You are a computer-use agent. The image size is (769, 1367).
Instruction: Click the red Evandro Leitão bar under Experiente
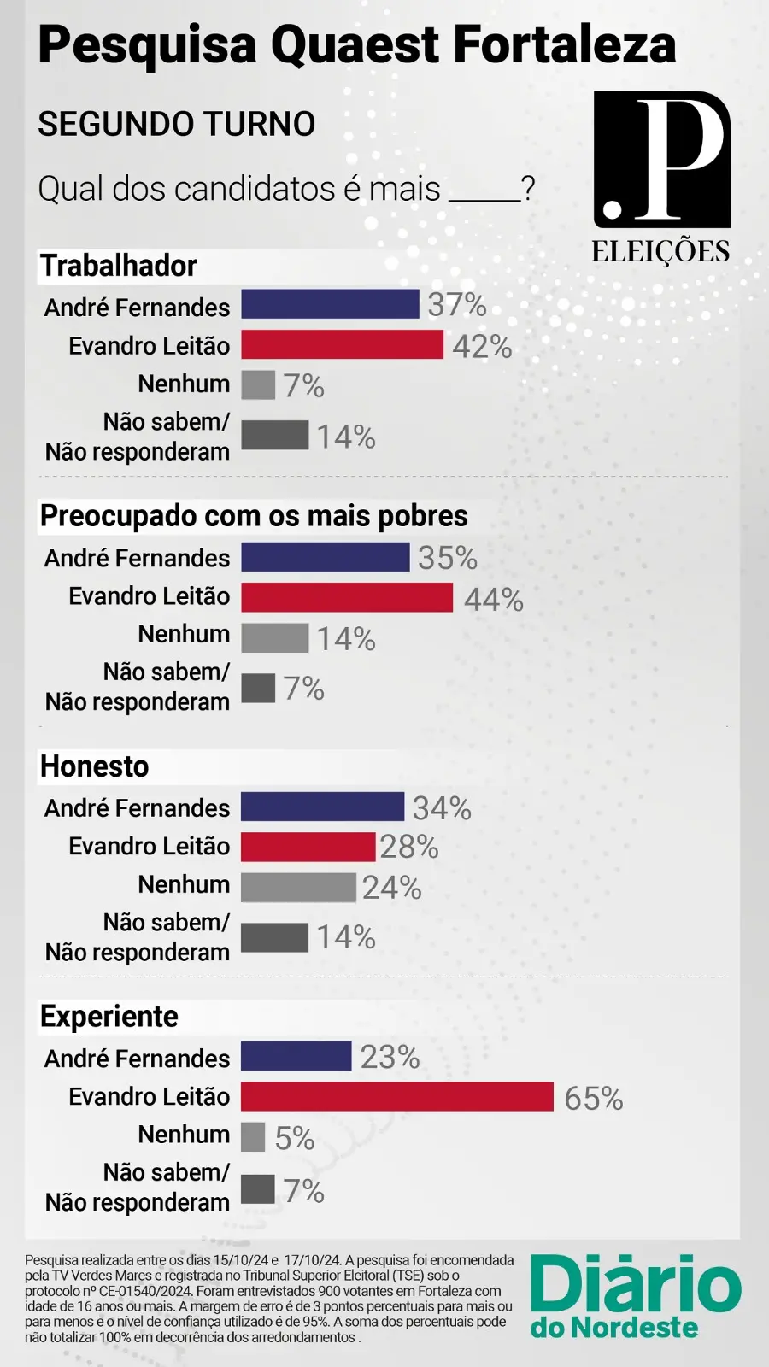point(397,1096)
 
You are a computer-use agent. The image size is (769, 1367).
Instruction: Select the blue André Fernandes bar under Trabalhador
point(330,304)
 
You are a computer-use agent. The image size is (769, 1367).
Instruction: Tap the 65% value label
point(594,1099)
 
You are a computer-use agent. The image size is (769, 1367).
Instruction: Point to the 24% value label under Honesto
point(392,888)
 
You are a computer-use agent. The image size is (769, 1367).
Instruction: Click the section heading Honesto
point(95,766)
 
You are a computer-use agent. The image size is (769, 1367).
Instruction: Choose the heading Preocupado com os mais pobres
point(254,516)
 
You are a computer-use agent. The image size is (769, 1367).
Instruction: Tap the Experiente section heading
point(109,1017)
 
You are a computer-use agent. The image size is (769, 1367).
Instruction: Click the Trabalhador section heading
point(119,266)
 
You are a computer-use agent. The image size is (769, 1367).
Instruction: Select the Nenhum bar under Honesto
point(298,888)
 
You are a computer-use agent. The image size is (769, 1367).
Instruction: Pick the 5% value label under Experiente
point(295,1139)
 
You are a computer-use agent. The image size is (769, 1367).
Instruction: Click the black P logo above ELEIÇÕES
point(662,160)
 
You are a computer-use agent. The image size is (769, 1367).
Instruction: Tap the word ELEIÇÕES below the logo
point(660,252)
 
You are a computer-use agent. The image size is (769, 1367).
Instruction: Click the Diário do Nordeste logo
point(635,1295)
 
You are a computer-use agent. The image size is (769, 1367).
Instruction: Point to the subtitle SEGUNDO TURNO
point(177,125)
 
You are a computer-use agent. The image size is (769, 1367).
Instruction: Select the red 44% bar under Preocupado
point(347,597)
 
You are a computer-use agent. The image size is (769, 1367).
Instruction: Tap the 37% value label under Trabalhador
point(457,305)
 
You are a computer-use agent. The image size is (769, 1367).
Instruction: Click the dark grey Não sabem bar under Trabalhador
point(274,435)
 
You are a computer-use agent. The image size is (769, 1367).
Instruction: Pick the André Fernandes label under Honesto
point(138,808)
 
